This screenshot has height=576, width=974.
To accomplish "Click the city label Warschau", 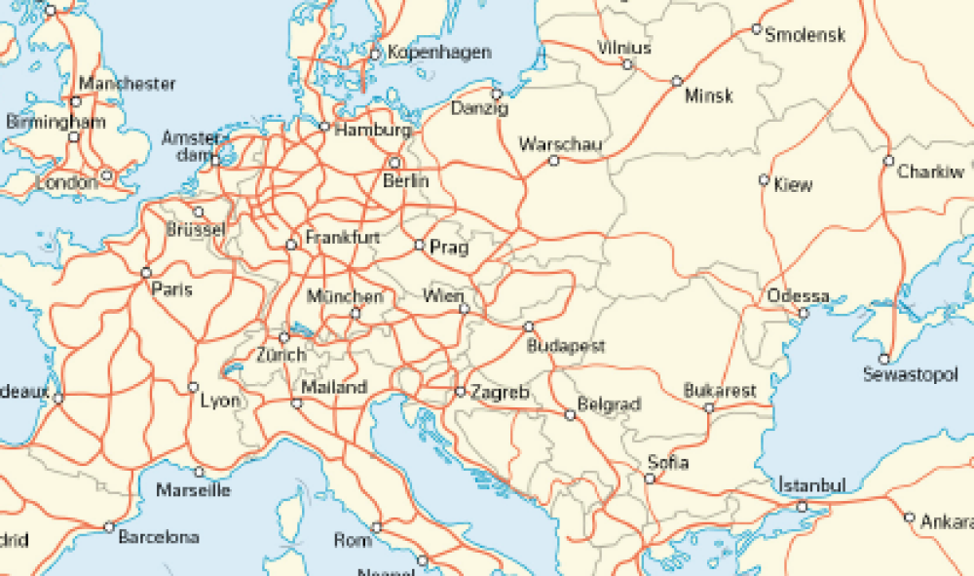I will [560, 144].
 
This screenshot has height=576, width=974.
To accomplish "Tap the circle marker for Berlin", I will [395, 163].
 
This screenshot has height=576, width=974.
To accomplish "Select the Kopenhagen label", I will [439, 53].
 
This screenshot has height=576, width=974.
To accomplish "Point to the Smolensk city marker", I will [756, 29].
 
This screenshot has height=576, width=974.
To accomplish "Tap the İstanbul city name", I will [811, 484].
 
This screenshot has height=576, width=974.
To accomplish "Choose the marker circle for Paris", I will [146, 272].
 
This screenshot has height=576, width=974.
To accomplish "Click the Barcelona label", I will [158, 536].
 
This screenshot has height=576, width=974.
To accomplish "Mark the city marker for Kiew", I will [765, 179].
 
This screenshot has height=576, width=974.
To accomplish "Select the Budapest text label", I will [566, 346].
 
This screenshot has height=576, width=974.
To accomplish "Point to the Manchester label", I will [128, 84].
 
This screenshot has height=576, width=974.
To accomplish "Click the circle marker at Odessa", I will [804, 313].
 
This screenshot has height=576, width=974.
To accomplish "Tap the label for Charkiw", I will [930, 173].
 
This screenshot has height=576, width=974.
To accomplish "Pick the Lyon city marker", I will [193, 387].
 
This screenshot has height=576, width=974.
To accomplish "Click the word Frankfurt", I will [342, 237].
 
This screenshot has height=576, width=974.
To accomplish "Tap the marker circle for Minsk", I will [677, 81].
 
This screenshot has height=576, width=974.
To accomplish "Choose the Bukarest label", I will [720, 390].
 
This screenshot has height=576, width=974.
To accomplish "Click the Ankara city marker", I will [909, 518].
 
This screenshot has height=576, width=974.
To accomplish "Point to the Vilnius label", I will [624, 48].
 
